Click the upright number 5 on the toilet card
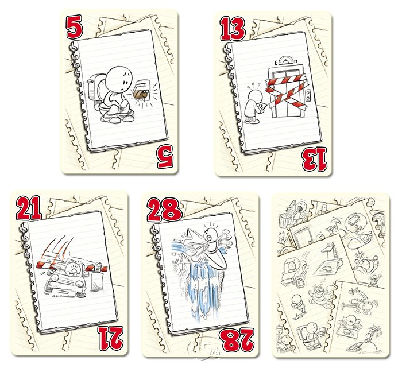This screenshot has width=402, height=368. pyautogui.click(x=74, y=26)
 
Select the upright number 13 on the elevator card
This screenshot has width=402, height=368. pyautogui.click(x=233, y=29)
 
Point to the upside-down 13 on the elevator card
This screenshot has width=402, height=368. pyautogui.click(x=314, y=159)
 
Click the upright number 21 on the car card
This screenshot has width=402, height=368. pyautogui.click(x=29, y=208)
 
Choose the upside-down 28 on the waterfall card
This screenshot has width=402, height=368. pyautogui.click(x=238, y=340)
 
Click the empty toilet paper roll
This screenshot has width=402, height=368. pyautogui.click(x=140, y=95)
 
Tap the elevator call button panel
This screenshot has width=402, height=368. pyautogui.click(x=309, y=95)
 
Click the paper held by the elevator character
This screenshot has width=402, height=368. pyautogui.click(x=262, y=107)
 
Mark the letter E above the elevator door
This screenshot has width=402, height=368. pyautogui.click(x=276, y=62)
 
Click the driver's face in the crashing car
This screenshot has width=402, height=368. pyautogui.click(x=72, y=268)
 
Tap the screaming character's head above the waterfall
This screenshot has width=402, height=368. pyautogui.click(x=210, y=235)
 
